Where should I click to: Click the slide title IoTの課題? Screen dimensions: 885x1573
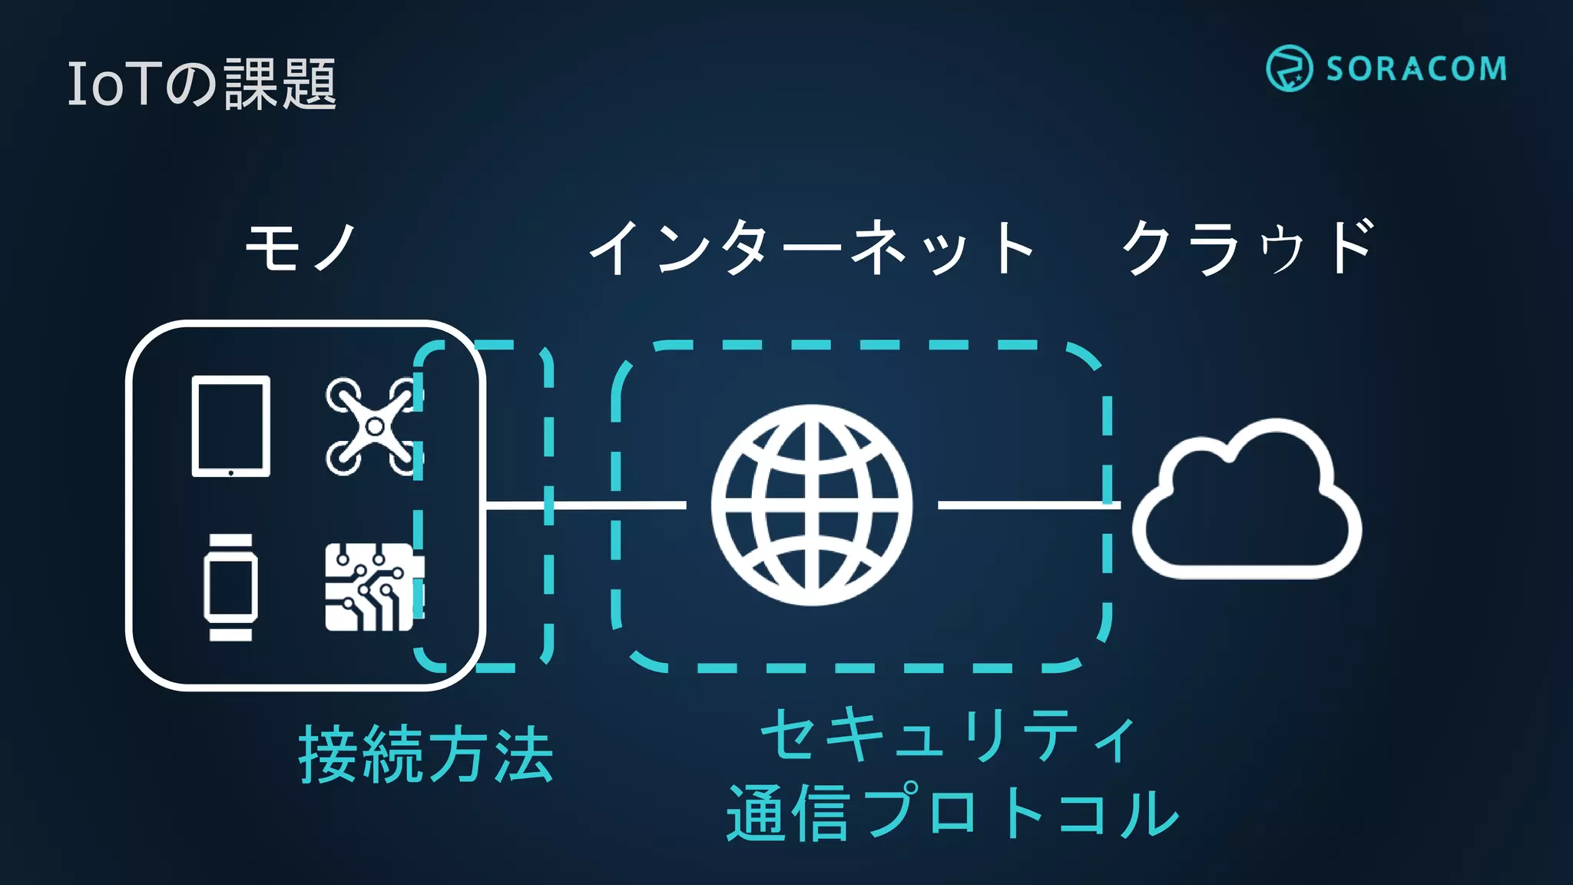(x=201, y=84)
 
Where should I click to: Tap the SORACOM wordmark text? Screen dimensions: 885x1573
(x=1416, y=69)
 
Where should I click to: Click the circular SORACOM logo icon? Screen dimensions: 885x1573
(x=1289, y=68)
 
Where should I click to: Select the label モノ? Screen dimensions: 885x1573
(x=300, y=247)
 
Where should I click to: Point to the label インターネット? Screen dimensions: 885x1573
(x=812, y=247)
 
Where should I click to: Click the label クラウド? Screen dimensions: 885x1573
(x=1248, y=247)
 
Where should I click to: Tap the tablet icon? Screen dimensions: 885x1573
(x=230, y=426)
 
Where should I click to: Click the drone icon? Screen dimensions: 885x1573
(x=374, y=426)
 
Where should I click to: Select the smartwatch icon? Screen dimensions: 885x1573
(x=230, y=588)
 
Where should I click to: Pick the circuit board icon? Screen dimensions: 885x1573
(x=373, y=588)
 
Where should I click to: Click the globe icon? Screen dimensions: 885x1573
(x=812, y=505)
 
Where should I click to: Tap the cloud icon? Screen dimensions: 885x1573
(x=1246, y=503)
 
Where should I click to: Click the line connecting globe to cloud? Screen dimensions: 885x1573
(x=1025, y=505)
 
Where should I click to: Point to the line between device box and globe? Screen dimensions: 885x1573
(x=584, y=505)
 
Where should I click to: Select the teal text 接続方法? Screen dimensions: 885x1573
(x=426, y=755)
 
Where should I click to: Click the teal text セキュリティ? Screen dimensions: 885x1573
(x=949, y=736)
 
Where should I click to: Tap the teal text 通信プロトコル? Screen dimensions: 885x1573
(x=952, y=813)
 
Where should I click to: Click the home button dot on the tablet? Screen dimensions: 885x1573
(x=230, y=472)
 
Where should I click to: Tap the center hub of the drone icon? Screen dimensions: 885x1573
(x=375, y=426)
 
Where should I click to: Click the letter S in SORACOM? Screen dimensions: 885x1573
(x=1337, y=69)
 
